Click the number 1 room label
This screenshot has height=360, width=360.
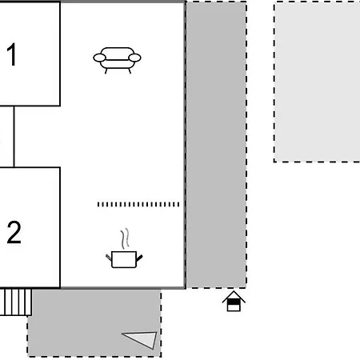pyautogui.click(x=12, y=54)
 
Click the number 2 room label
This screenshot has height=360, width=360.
pyautogui.click(x=14, y=232)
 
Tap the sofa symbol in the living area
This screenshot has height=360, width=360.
pyautogui.click(x=117, y=60)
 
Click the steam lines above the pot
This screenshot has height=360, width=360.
pyautogui.click(x=125, y=238)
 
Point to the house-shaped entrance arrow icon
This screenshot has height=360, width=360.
pyautogui.click(x=234, y=302)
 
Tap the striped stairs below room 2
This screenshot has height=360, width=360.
pyautogui.click(x=16, y=302)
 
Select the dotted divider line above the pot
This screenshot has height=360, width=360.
pyautogui.click(x=138, y=205)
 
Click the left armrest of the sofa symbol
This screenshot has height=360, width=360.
pyautogui.click(x=99, y=58)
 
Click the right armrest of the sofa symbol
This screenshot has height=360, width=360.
pyautogui.click(x=134, y=58)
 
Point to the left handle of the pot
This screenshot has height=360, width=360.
pyautogui.click(x=109, y=258)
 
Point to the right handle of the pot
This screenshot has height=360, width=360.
pyautogui.click(x=139, y=258)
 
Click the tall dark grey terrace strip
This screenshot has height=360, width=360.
pyautogui.click(x=216, y=145)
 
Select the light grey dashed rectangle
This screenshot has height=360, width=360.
pyautogui.click(x=317, y=82)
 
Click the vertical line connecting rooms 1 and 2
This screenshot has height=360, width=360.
pyautogui.click(x=14, y=137)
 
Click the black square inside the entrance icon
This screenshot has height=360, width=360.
pyautogui.click(x=234, y=302)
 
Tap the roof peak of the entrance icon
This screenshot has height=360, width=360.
pyautogui.click(x=234, y=291)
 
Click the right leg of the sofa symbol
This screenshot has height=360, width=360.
pyautogui.click(x=130, y=71)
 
